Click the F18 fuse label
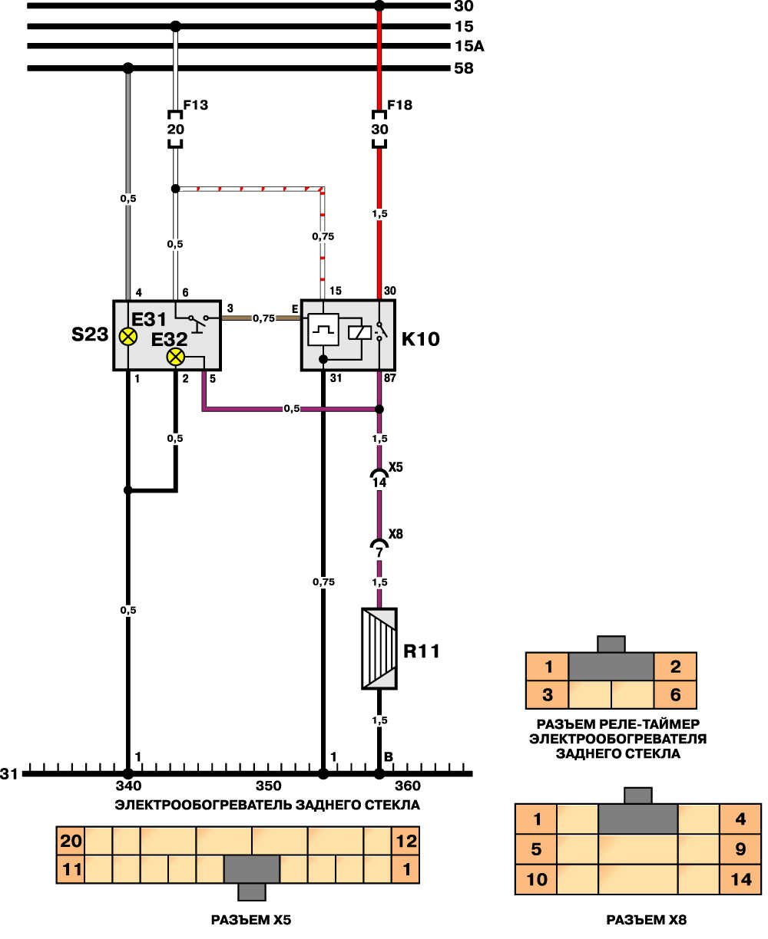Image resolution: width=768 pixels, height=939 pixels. (400, 105)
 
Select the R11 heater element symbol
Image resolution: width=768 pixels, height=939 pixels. (379, 648)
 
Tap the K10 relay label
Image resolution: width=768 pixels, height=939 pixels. (421, 338)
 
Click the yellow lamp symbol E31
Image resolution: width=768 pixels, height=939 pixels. (128, 336)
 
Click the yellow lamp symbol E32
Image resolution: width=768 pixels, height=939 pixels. (177, 357)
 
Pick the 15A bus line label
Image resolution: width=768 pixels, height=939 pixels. (469, 47)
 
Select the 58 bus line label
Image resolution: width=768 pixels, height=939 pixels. (464, 69)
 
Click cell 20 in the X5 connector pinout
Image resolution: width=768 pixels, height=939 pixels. (71, 841)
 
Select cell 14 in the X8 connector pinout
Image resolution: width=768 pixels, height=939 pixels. (740, 878)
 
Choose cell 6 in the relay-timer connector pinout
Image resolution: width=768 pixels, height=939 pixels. (675, 695)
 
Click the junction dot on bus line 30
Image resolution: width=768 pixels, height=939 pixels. (379, 6)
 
